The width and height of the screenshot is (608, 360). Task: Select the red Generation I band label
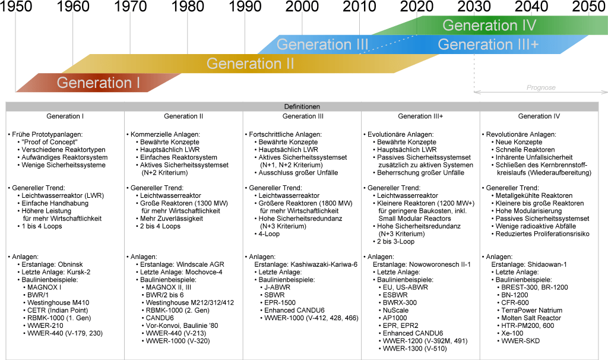point(99,83)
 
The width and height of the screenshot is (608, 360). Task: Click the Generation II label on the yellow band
point(250,63)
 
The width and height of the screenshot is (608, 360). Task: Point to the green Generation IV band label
point(489,26)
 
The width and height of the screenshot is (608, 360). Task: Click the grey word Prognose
point(541,87)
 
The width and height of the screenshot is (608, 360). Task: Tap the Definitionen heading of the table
point(302,106)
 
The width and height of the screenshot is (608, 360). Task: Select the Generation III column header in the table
point(303,116)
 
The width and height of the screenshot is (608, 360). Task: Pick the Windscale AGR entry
point(178,264)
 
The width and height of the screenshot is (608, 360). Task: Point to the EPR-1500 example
point(280,303)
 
